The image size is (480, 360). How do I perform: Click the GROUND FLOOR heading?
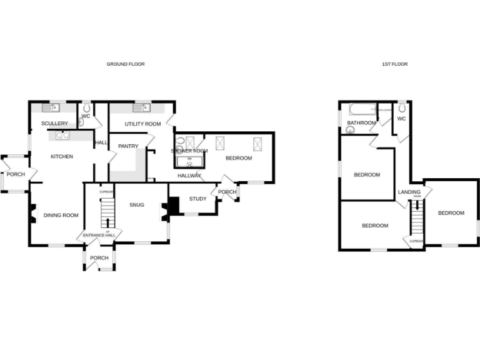(126, 64)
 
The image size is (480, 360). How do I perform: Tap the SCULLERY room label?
(54, 124)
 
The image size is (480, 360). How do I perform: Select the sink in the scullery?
(54, 107)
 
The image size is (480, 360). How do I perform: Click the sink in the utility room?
(139, 107)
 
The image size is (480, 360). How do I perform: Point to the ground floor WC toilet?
(86, 107)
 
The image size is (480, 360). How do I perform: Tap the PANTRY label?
(127, 146)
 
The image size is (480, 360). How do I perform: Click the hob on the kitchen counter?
(62, 134)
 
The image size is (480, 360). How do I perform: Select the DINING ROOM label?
(61, 216)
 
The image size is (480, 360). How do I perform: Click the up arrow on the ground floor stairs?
(107, 222)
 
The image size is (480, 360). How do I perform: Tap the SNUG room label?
(136, 204)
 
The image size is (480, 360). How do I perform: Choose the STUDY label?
(197, 199)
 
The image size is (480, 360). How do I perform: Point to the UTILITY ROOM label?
(142, 124)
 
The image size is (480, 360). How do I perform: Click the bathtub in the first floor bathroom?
(361, 110)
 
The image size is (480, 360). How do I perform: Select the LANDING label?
(409, 192)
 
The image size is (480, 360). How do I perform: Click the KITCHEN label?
(62, 156)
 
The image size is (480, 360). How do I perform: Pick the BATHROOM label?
(361, 123)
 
